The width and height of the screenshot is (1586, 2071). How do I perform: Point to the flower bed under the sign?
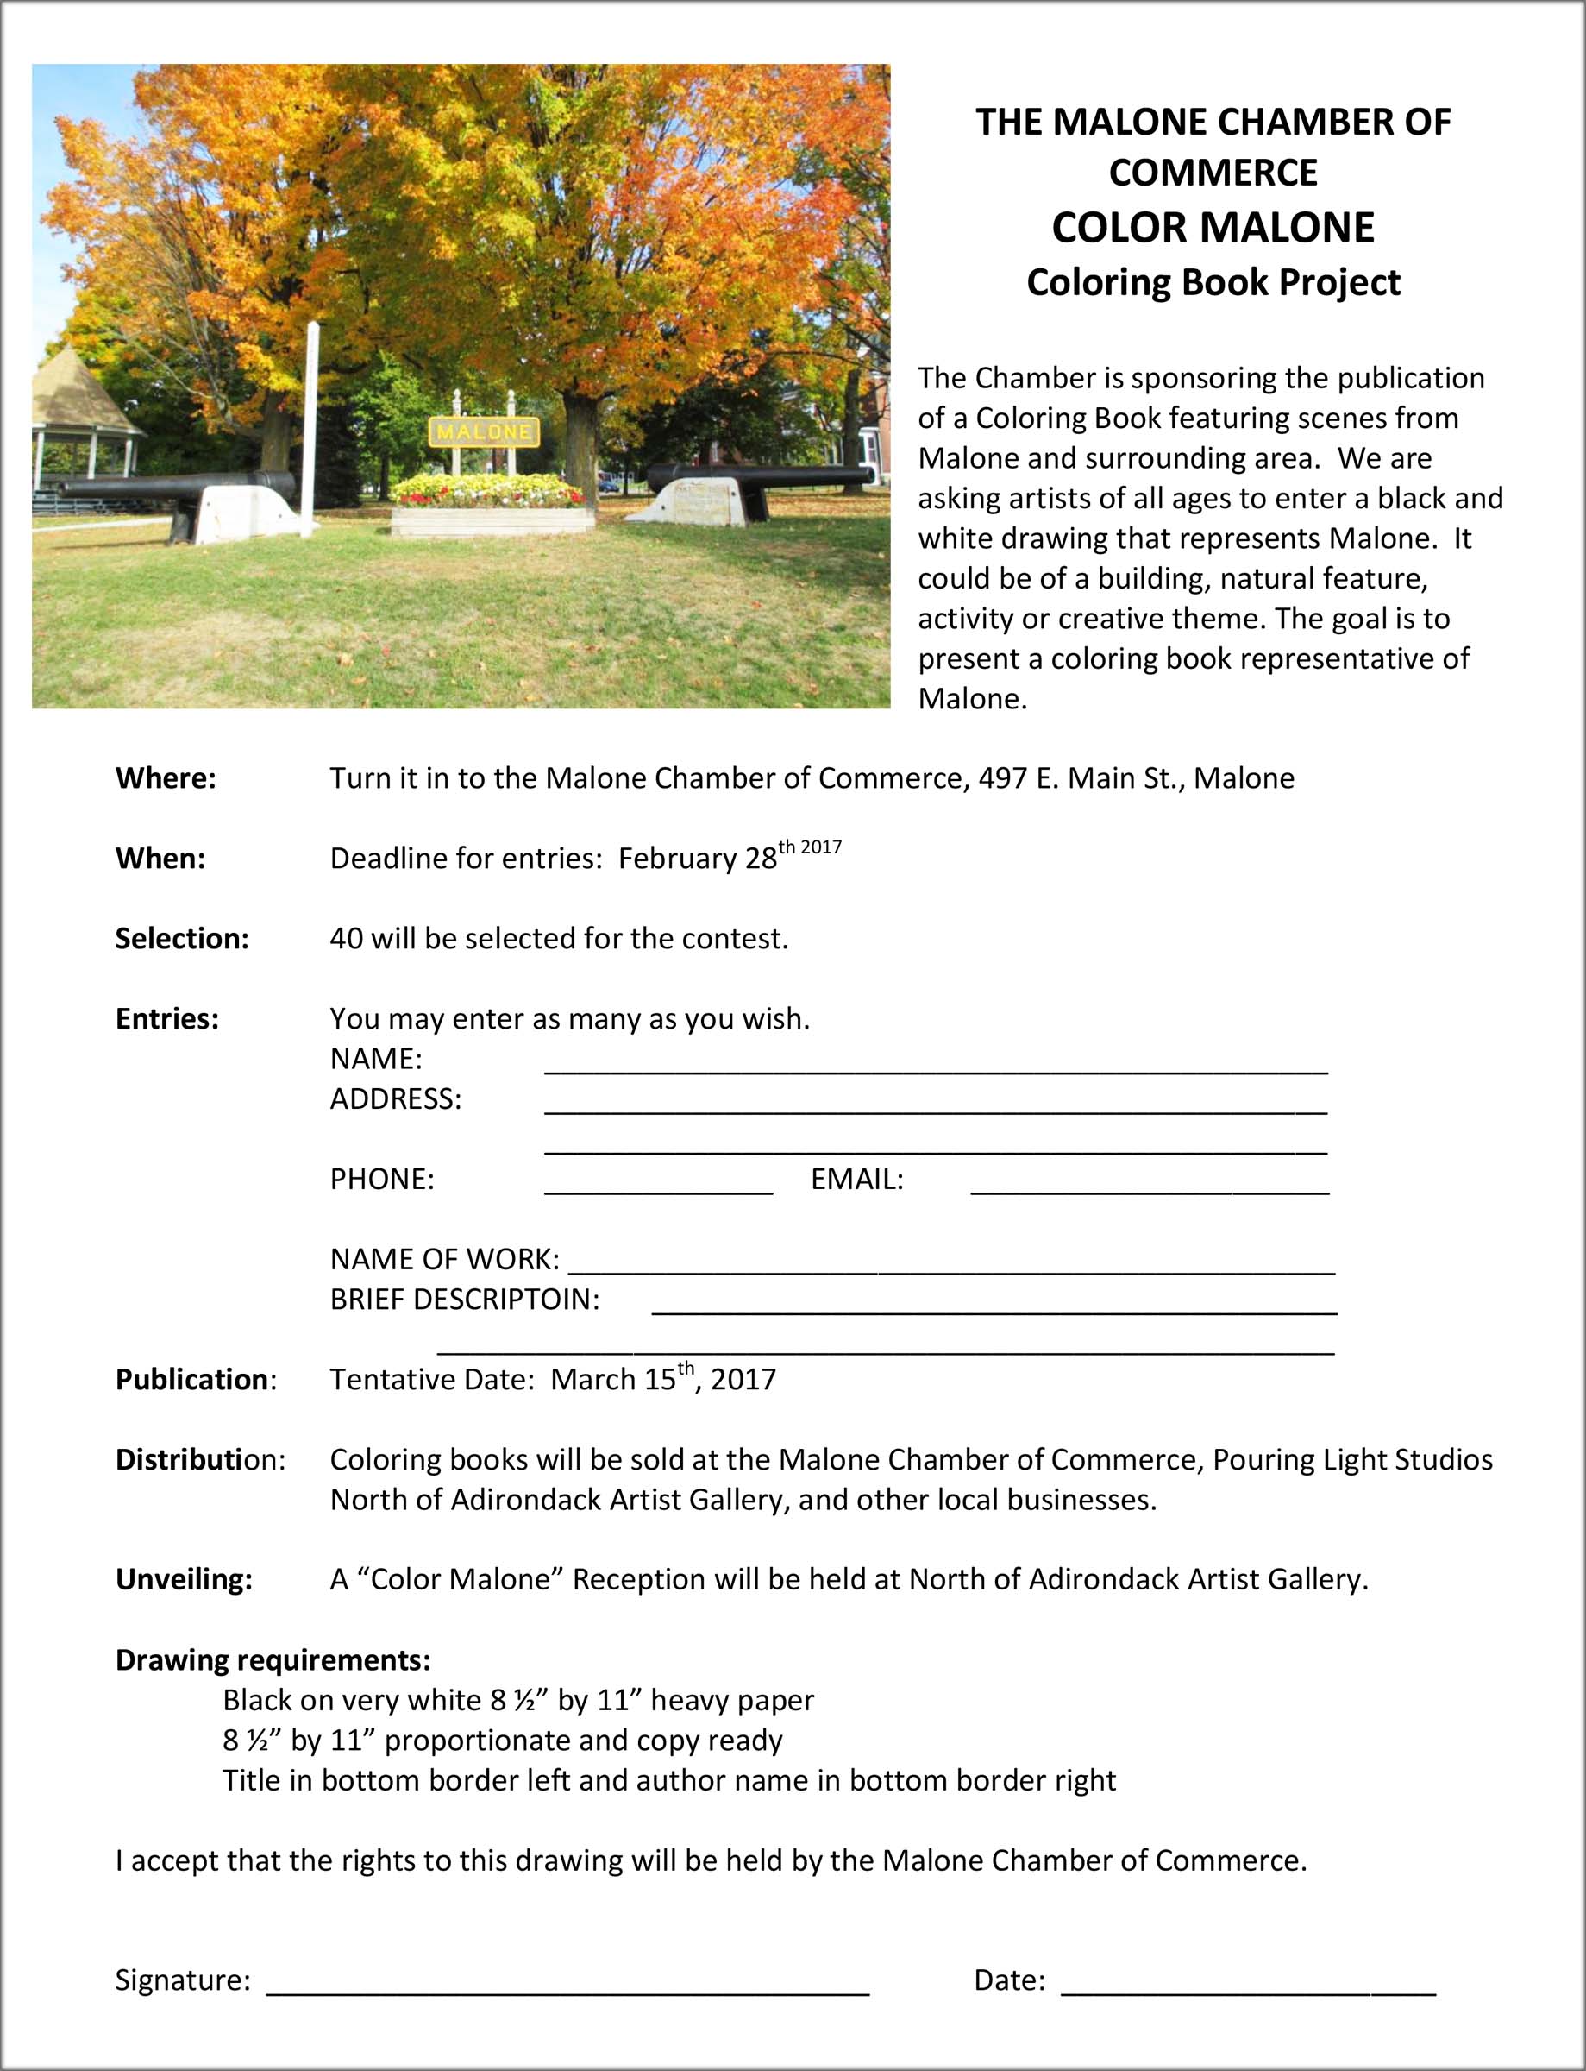pyautogui.click(x=489, y=492)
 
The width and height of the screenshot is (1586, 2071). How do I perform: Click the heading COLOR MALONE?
pyautogui.click(x=1213, y=228)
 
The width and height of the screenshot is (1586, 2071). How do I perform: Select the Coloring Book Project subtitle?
pyautogui.click(x=1213, y=282)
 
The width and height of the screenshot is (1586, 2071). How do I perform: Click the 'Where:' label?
pyautogui.click(x=166, y=778)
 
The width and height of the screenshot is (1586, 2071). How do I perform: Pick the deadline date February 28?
pyautogui.click(x=697, y=858)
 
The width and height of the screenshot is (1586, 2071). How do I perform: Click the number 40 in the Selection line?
pyautogui.click(x=346, y=939)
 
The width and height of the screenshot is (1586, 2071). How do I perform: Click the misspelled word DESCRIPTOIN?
pyautogui.click(x=506, y=1300)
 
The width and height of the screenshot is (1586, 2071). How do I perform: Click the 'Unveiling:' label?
pyautogui.click(x=183, y=1580)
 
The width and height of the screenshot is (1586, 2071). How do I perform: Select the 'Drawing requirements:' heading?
pyautogui.click(x=273, y=1660)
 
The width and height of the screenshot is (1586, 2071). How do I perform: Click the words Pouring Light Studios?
pyautogui.click(x=1352, y=1460)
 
